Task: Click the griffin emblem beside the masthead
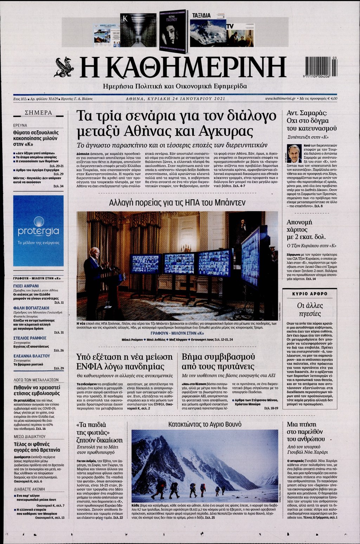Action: tap(64, 67)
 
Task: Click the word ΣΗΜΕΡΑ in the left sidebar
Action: tap(38, 113)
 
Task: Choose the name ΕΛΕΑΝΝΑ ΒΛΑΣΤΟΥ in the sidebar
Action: tap(32, 356)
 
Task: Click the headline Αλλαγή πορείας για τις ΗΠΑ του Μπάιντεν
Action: tap(177, 203)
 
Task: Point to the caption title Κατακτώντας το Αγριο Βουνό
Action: tap(205, 424)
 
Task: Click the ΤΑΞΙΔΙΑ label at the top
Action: tap(201, 15)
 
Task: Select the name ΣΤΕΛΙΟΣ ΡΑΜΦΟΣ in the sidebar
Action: tap(30, 338)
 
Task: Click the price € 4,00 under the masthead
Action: tap(330, 99)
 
